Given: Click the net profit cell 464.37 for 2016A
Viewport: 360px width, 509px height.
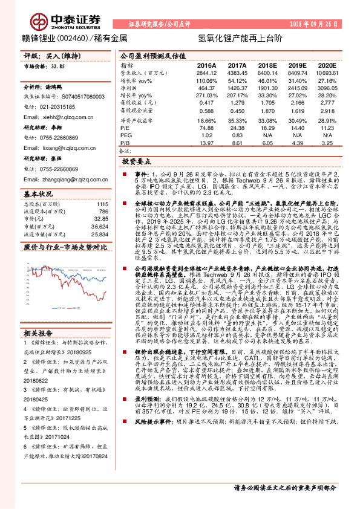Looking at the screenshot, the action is pyautogui.click(x=207, y=88).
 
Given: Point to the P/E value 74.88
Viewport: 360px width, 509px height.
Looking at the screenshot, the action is pyautogui.click(x=207, y=128).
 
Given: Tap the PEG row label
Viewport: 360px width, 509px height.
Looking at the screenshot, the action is pyautogui.click(x=125, y=135).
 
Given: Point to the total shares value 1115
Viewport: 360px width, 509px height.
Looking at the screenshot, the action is pyautogui.click(x=102, y=204).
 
